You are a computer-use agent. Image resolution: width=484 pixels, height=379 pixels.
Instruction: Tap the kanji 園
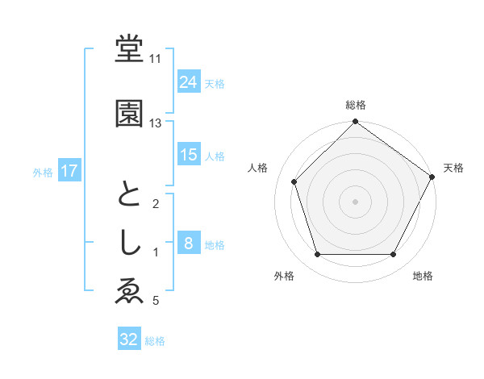(129, 115)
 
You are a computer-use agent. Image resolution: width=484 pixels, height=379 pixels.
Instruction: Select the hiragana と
(129, 195)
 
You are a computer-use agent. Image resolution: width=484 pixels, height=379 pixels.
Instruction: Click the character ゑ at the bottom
(129, 292)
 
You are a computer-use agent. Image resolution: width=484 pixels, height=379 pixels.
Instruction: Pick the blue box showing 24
(189, 82)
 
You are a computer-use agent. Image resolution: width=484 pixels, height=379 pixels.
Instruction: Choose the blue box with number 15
(189, 155)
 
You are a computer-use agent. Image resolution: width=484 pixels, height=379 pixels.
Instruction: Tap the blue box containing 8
(189, 244)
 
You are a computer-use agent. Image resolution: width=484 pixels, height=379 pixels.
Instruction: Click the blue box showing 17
(69, 171)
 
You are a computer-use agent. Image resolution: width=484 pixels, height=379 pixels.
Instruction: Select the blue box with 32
(129, 339)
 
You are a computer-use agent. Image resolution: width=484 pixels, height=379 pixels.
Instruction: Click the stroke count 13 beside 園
(156, 123)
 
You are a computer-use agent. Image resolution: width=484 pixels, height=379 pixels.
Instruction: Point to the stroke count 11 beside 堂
(156, 58)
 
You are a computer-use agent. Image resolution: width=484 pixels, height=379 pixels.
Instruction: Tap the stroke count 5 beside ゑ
(156, 302)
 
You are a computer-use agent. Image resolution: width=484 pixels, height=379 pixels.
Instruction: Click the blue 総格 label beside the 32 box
(156, 341)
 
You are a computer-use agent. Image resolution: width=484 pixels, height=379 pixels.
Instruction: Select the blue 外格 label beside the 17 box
(43, 172)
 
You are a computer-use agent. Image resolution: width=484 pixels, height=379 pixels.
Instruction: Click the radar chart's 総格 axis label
(356, 105)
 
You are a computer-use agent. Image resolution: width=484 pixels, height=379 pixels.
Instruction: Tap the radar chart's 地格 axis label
(423, 277)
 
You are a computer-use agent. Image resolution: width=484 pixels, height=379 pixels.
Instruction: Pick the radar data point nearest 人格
(294, 181)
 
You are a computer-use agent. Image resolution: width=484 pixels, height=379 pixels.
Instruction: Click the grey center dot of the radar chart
(356, 201)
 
